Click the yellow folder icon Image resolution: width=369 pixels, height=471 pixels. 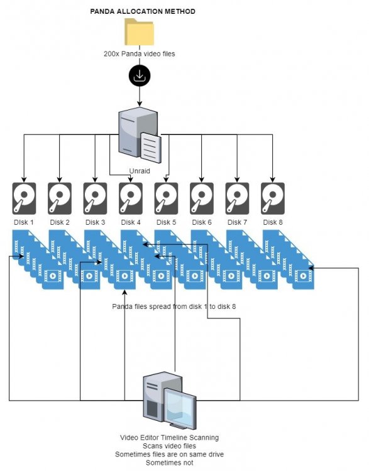(140, 32)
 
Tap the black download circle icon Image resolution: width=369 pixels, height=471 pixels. (140, 76)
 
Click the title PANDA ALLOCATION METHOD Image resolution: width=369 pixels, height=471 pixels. (143, 11)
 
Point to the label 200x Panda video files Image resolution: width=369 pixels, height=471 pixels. (140, 54)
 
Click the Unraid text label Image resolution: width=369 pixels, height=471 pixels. (140, 171)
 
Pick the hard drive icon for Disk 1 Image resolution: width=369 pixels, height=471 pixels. (24, 198)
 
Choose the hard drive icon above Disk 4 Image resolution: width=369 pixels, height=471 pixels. (131, 198)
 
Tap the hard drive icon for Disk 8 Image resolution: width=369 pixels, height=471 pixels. (273, 198)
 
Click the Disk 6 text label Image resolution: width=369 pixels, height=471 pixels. (202, 222)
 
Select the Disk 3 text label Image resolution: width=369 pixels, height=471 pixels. (96, 222)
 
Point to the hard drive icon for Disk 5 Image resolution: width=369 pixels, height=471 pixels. (166, 198)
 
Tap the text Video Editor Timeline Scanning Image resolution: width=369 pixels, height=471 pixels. (169, 437)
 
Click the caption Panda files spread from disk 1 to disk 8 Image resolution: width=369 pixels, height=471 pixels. (174, 306)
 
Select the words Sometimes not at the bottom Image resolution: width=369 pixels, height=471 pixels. (169, 463)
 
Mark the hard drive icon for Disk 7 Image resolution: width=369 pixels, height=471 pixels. (237, 198)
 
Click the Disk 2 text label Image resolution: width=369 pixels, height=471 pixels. (60, 222)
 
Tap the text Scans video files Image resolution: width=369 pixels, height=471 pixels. (169, 446)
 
